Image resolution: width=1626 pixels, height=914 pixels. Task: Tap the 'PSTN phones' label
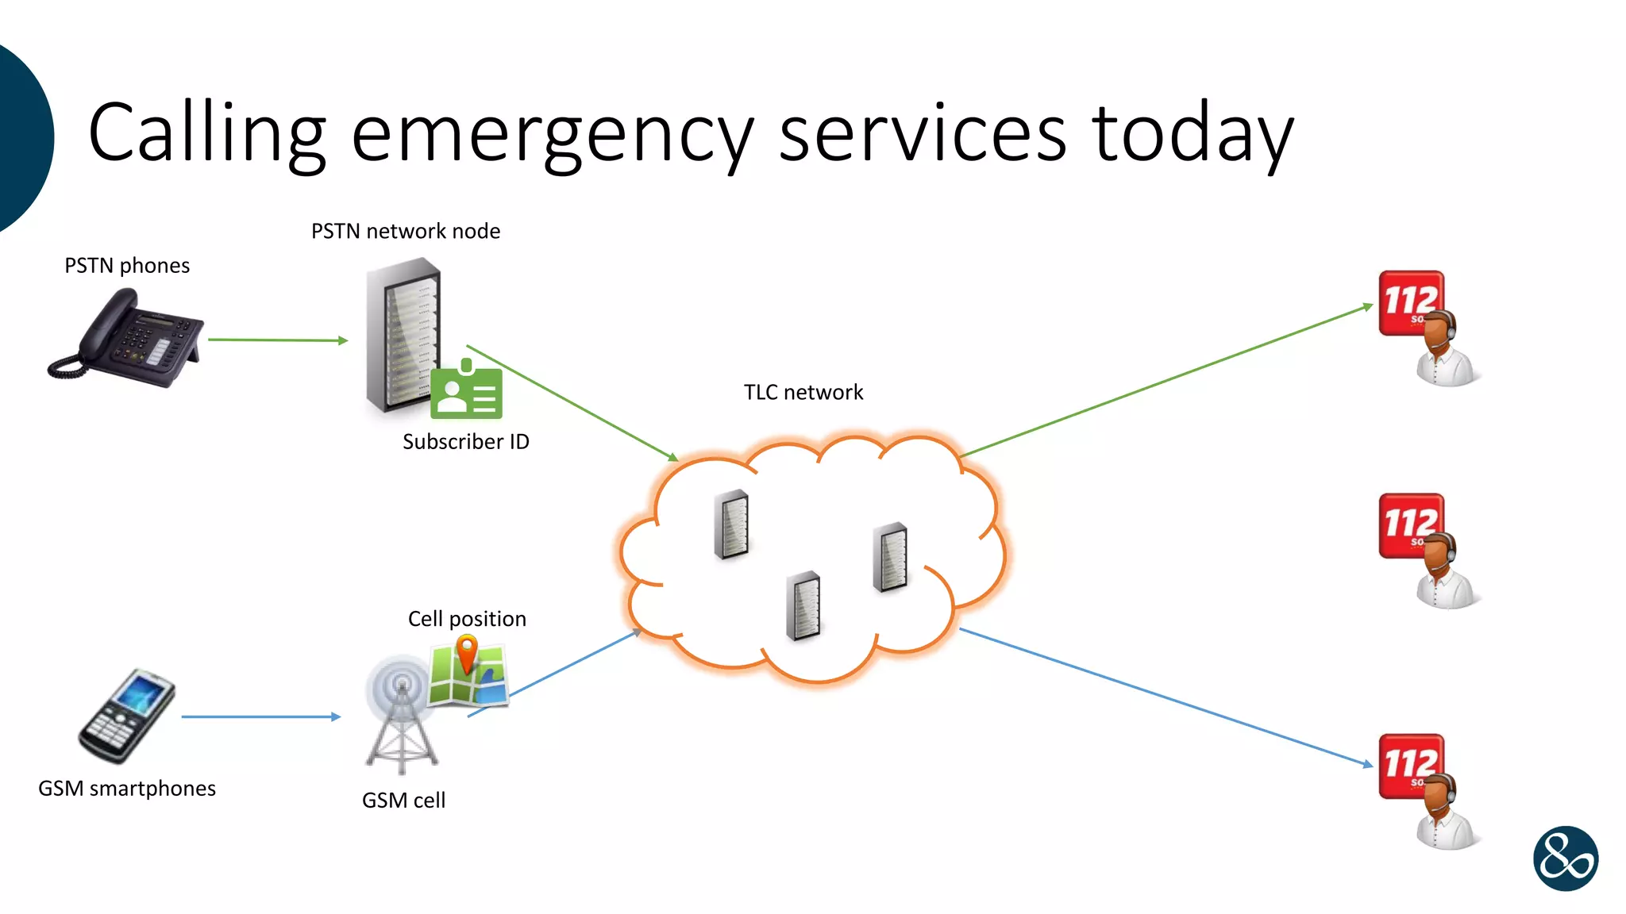click(127, 266)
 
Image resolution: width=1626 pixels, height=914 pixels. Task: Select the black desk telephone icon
click(125, 339)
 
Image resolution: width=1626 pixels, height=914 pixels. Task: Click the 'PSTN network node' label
click(406, 231)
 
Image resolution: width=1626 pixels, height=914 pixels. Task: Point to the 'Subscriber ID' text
click(466, 442)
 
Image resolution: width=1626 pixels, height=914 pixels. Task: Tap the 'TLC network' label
click(803, 392)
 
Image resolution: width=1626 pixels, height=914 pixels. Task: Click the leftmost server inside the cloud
click(731, 524)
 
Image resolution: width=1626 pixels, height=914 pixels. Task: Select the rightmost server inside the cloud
click(890, 557)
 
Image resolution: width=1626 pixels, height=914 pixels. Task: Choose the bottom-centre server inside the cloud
click(803, 605)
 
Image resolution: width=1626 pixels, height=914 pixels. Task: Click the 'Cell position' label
click(467, 619)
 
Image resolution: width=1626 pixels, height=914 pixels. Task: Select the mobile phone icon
click(127, 716)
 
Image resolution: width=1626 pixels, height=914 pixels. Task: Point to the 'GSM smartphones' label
click(127, 789)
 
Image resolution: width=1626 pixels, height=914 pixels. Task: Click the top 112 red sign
click(1411, 303)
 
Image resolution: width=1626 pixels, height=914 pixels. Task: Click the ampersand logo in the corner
click(1566, 858)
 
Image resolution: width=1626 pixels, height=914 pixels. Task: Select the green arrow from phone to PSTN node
click(278, 340)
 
